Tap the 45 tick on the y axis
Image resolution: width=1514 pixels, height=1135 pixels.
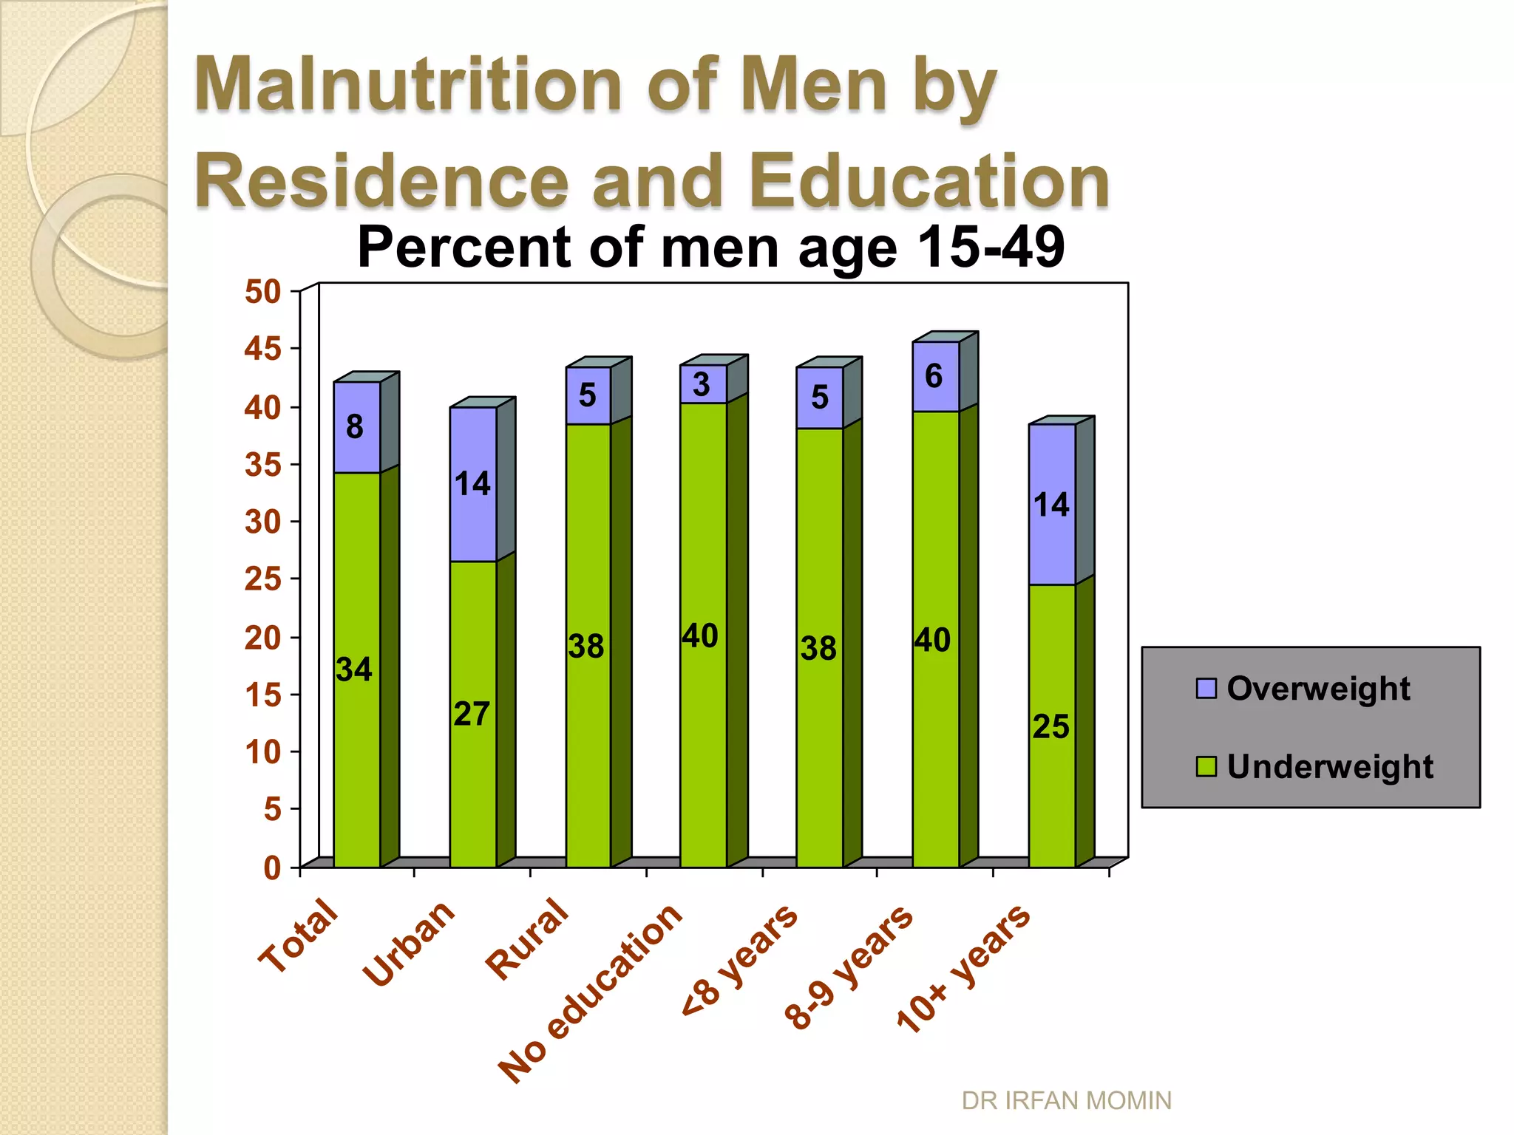click(x=264, y=349)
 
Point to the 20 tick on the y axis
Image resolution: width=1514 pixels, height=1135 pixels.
click(x=264, y=638)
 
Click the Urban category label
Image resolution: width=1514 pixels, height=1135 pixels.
click(x=409, y=944)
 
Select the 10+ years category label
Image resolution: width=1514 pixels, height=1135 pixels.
click(x=963, y=967)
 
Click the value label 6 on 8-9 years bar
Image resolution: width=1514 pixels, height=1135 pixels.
click(x=934, y=377)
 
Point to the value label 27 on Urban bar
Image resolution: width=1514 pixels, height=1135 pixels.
click(x=472, y=715)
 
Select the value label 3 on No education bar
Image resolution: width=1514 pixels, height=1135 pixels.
click(x=702, y=384)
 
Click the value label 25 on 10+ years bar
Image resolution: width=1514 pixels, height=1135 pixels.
click(x=1050, y=727)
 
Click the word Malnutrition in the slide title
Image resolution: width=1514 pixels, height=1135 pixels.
click(x=408, y=85)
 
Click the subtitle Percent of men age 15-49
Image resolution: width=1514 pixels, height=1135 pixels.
click(x=710, y=247)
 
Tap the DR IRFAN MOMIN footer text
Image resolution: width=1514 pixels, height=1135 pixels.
click(x=1066, y=1100)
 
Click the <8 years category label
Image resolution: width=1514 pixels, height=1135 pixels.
click(x=740, y=960)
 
